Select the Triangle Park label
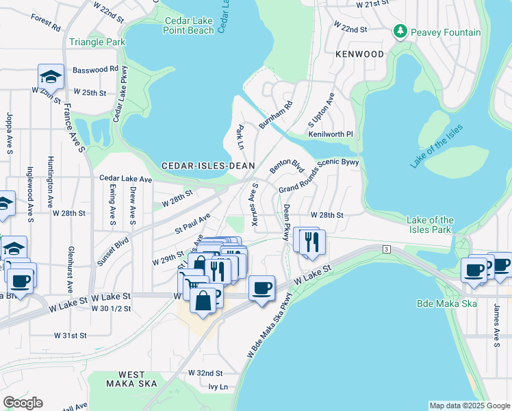point(97,42)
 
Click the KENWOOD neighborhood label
point(360,53)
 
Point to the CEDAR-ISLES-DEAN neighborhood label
point(208,166)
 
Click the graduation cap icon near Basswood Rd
point(51,76)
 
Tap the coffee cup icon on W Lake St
point(261,288)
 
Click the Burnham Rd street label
point(275,115)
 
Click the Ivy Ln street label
point(218,387)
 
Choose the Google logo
point(23,403)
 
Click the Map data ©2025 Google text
point(470,406)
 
